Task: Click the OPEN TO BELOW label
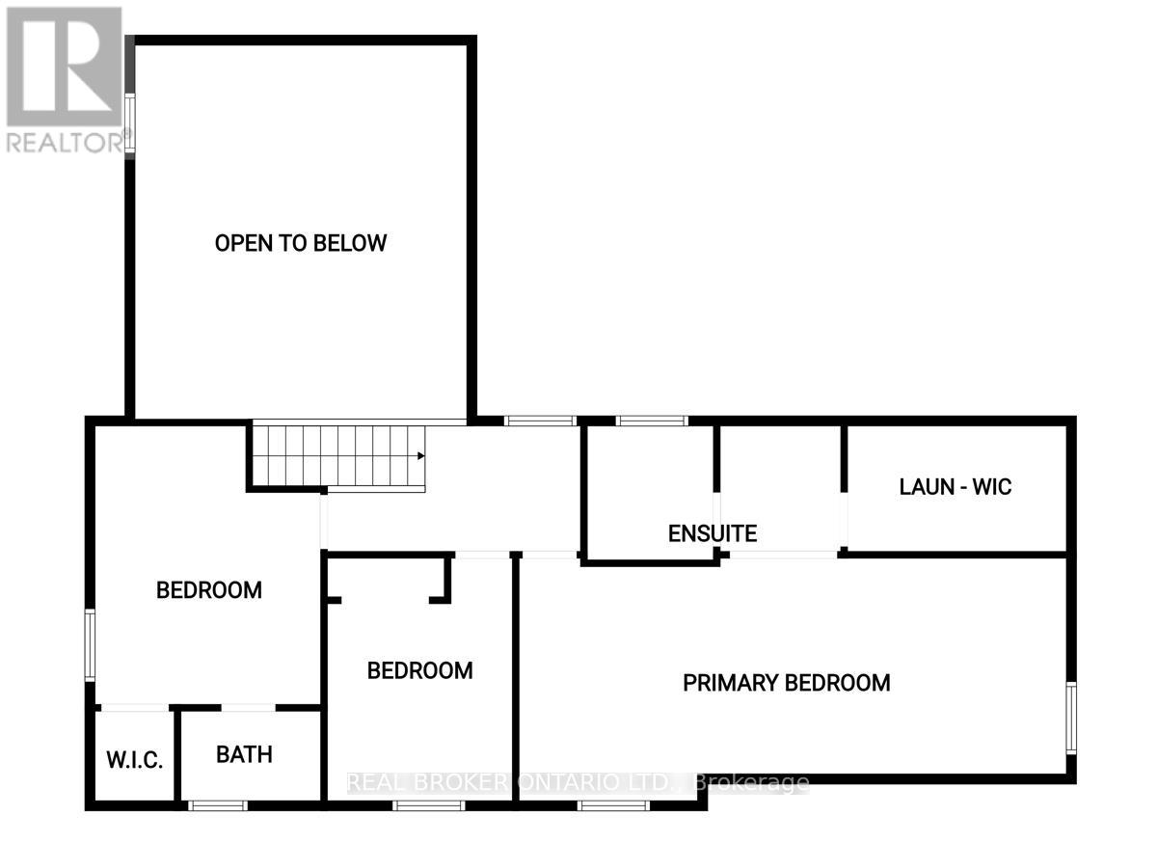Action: click(300, 243)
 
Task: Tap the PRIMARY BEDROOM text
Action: click(786, 683)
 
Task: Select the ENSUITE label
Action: click(713, 532)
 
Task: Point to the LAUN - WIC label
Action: click(955, 486)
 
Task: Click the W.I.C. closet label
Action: click(134, 758)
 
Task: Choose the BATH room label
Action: click(244, 754)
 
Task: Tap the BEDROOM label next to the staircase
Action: click(209, 589)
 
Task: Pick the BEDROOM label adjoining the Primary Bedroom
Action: click(419, 670)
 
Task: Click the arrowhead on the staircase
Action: click(420, 456)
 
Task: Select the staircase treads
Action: click(337, 456)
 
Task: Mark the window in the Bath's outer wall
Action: click(217, 804)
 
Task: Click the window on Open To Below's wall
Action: click(129, 126)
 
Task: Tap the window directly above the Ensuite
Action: click(651, 421)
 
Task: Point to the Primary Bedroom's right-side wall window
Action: click(1070, 717)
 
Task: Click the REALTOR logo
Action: click(64, 66)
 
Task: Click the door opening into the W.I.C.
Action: click(135, 709)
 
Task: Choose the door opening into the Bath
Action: click(249, 709)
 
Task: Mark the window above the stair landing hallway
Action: click(540, 421)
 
